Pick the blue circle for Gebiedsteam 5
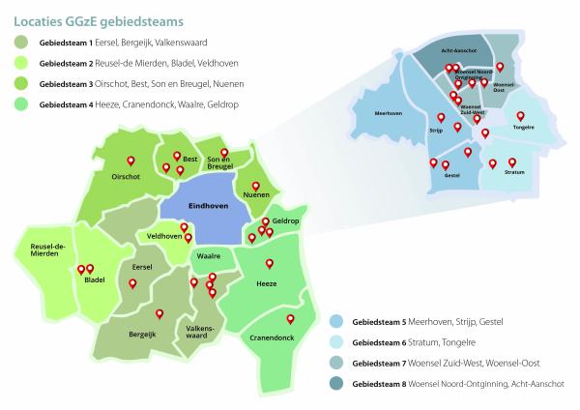(337, 321)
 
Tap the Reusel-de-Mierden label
(46, 249)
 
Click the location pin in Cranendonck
(287, 319)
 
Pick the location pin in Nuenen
(256, 187)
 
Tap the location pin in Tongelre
(520, 116)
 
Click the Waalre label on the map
(210, 256)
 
